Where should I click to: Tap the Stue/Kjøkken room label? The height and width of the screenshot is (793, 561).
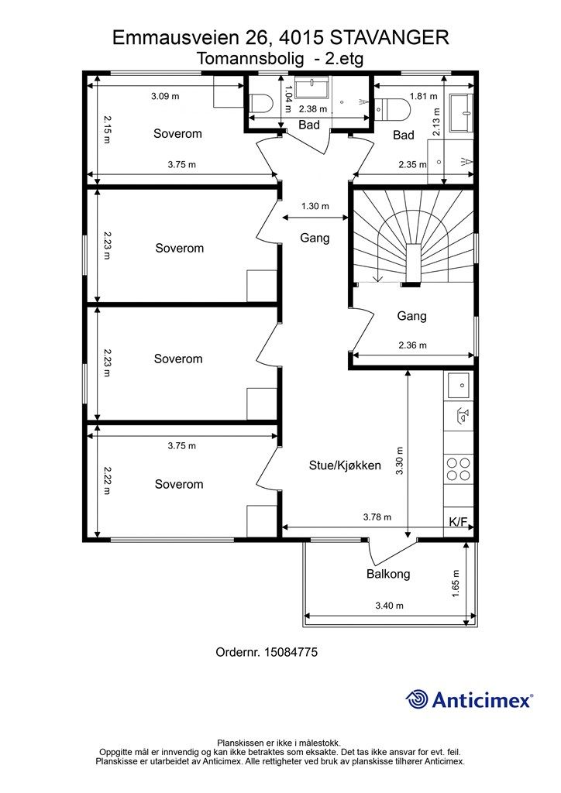345,465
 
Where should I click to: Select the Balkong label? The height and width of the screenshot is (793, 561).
388,574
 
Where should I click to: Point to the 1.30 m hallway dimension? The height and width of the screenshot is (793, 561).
315,206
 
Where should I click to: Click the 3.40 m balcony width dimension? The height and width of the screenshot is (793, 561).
390,606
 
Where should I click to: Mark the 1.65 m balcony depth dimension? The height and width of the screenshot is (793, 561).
456,584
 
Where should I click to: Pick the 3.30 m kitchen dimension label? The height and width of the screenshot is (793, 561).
400,460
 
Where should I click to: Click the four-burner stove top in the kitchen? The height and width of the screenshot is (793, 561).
458,469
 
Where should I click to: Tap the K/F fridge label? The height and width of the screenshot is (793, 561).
458,522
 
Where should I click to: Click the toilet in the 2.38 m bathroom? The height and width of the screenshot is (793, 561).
262,105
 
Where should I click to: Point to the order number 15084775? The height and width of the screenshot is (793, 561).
267,652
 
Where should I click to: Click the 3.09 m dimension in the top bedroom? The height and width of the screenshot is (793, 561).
165,96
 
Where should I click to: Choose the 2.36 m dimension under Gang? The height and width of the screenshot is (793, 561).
412,345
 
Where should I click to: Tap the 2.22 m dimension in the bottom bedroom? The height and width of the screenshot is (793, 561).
106,480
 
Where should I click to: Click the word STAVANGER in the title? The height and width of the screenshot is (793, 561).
389,38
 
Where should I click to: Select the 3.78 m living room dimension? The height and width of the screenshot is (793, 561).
377,517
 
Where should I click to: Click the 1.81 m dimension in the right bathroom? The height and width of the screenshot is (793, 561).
424,96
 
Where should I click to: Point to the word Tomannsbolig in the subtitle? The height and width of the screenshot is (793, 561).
250,59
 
